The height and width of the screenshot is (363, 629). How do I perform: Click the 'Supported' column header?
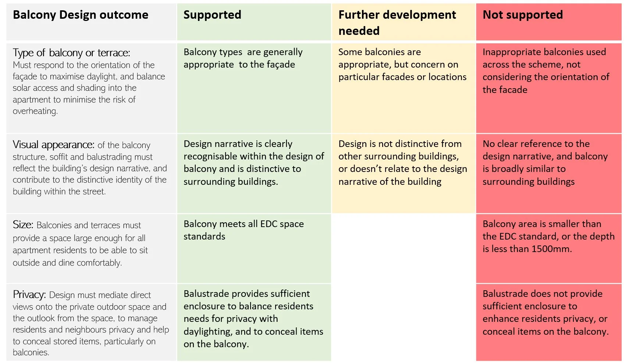point(212,15)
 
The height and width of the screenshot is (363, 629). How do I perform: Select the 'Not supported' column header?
point(522,15)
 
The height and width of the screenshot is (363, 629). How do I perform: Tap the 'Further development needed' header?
point(397,22)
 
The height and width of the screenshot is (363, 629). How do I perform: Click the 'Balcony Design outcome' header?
point(81,15)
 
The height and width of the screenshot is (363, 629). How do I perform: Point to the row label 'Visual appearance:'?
point(53,145)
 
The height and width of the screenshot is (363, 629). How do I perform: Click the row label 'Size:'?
point(23,224)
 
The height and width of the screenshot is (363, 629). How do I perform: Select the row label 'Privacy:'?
point(29,294)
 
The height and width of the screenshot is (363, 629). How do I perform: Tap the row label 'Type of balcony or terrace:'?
point(71,53)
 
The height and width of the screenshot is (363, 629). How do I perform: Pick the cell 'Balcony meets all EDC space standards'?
point(244,230)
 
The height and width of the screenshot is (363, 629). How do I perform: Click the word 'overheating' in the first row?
point(35,111)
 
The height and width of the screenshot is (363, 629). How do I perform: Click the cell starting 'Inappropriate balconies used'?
point(546,71)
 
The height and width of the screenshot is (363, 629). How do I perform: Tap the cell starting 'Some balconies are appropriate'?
point(402,65)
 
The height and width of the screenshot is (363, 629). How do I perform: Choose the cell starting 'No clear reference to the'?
point(545,162)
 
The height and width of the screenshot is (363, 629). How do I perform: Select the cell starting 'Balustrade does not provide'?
point(545,312)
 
